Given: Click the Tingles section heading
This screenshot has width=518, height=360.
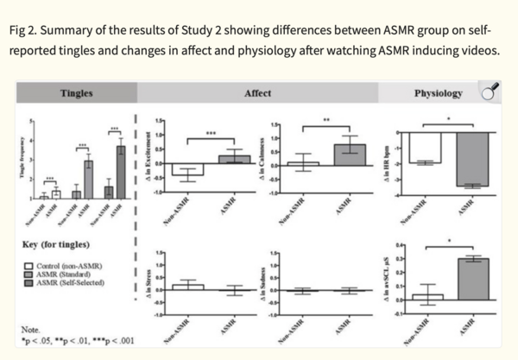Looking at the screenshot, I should click(x=77, y=92).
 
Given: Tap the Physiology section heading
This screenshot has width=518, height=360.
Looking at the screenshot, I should click(x=438, y=92).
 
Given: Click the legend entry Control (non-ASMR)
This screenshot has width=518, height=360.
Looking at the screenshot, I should click(x=64, y=263).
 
